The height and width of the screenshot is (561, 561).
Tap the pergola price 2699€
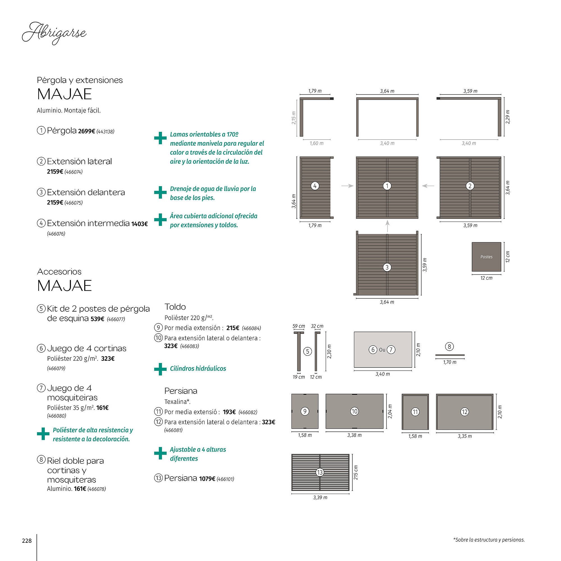coord(86,131)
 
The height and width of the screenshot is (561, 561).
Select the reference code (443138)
coord(105,132)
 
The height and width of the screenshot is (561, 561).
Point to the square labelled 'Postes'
coord(486,257)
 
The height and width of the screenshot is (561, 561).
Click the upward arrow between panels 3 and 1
coord(387,226)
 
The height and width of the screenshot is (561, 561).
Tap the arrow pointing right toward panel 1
coord(347,186)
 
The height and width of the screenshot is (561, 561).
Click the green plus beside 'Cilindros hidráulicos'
coord(160,369)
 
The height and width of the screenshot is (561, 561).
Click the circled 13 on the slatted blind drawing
coord(320,472)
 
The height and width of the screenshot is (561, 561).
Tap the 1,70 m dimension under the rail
coord(449,362)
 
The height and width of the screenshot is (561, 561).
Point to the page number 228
coord(27,541)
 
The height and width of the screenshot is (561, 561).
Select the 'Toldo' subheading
coord(175,307)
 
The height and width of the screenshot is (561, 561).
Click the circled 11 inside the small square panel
coord(415,412)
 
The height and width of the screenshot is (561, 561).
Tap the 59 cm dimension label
coord(298,326)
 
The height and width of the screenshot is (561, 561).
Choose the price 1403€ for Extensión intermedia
coord(140,224)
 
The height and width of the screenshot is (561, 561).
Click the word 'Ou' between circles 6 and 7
coord(382,350)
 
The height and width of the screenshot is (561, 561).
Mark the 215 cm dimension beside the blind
coord(356,472)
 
